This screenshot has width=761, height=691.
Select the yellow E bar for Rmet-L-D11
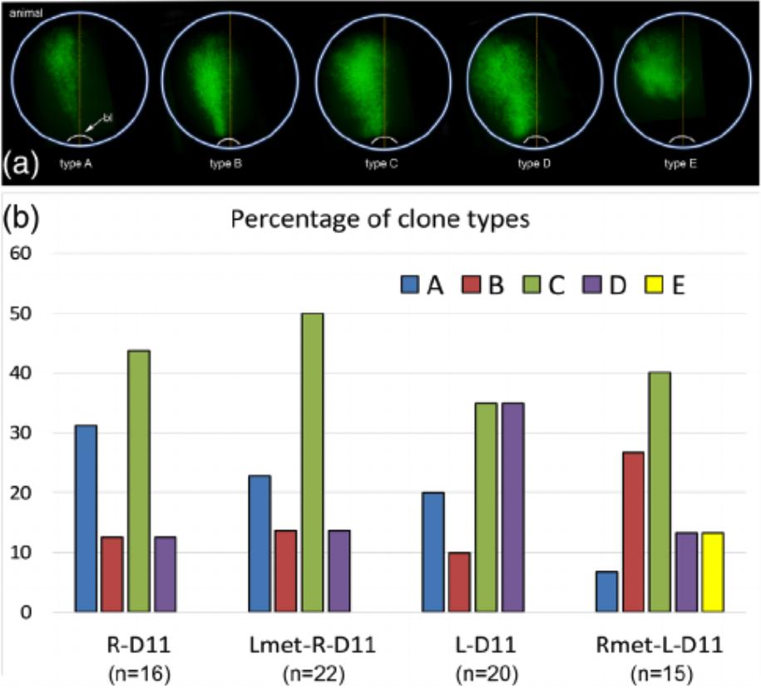[712, 572]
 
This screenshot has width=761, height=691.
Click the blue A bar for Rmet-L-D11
[607, 592]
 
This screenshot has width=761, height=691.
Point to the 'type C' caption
[382, 164]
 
